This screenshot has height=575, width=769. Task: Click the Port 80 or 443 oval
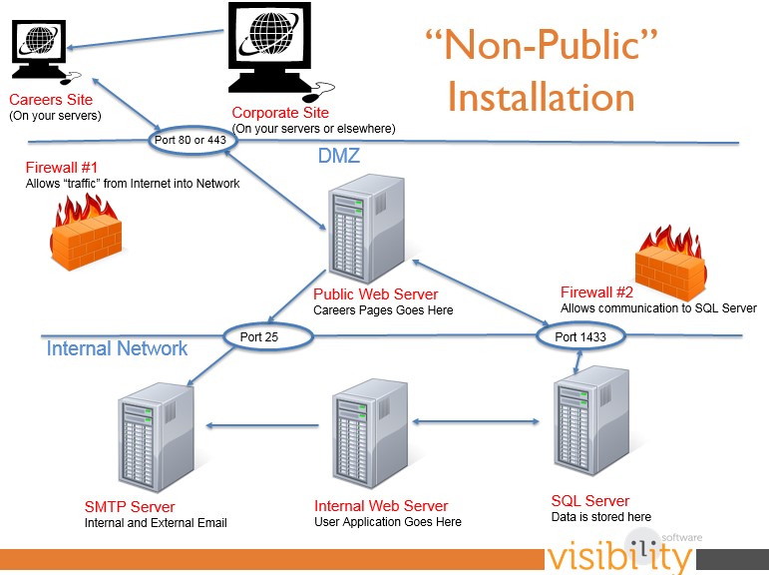click(193, 140)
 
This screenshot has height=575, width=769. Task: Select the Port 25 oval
click(260, 336)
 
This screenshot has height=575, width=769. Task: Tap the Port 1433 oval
click(580, 336)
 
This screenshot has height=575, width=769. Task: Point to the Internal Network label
click(117, 348)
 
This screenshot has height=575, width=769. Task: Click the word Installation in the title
click(541, 98)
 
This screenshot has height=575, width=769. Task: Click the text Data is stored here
click(600, 516)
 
